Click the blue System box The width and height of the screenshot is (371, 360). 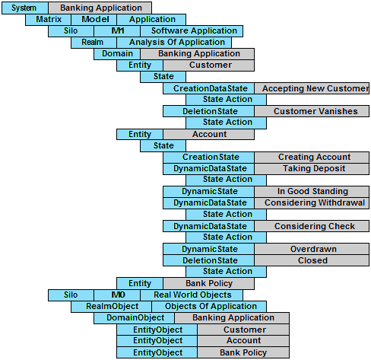(x=25, y=8)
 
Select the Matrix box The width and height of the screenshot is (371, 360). (x=48, y=20)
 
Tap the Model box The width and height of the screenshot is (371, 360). (x=94, y=20)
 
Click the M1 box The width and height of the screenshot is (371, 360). (x=117, y=31)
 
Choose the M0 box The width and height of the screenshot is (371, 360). (x=117, y=295)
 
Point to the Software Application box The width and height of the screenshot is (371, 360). (x=192, y=31)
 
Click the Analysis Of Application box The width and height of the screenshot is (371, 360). (x=174, y=43)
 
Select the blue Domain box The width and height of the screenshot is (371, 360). (x=117, y=54)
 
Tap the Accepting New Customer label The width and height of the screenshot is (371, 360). (x=316, y=88)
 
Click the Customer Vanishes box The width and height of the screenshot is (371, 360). (x=312, y=111)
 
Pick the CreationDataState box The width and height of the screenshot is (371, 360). (x=208, y=88)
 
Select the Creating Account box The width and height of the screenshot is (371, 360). (x=312, y=158)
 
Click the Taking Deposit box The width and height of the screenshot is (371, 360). (x=312, y=169)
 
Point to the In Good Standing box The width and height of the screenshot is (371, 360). (x=312, y=192)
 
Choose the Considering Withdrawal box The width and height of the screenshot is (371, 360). (x=312, y=203)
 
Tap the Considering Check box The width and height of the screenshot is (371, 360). (x=312, y=226)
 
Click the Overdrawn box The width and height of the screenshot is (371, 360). (x=312, y=249)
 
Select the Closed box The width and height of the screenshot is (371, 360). (x=312, y=260)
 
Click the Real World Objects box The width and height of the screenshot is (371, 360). (x=192, y=295)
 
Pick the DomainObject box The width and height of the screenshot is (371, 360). (x=134, y=318)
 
